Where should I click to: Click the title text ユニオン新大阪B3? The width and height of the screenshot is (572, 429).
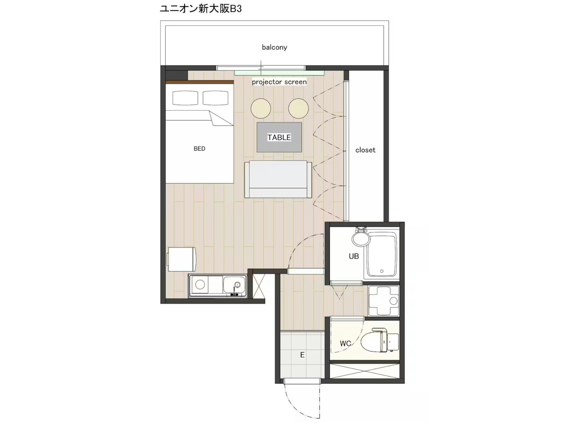tap(201, 9)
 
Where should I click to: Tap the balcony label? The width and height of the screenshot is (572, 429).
tap(274, 47)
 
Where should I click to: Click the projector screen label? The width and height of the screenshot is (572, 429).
tap(279, 82)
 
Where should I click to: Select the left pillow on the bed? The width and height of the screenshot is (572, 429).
tap(185, 98)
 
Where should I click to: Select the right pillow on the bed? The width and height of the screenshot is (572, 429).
tap(215, 98)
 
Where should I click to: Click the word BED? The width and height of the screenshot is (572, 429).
tap(199, 149)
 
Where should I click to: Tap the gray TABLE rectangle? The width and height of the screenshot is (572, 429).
tap(279, 137)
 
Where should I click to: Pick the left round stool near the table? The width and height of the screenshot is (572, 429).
tap(261, 108)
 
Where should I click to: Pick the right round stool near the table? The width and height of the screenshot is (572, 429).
tap(298, 108)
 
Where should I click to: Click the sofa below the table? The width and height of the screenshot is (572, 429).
tap(278, 179)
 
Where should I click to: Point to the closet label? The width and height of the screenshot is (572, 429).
tap(365, 150)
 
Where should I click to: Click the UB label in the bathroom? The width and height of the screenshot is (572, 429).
tap(354, 256)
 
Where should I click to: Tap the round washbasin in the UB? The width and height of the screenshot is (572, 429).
tap(361, 239)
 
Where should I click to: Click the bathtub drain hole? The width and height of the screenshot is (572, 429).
tap(382, 271)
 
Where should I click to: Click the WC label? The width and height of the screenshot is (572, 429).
tap(345, 343)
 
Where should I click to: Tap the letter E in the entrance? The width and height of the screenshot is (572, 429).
tap(302, 355)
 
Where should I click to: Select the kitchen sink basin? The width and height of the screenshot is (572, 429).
tap(234, 285)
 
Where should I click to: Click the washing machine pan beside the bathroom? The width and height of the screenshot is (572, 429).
tap(383, 301)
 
